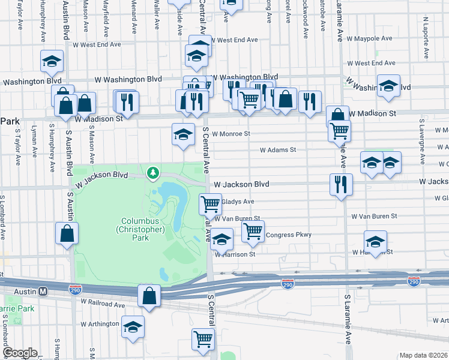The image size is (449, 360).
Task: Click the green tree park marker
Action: (x=154, y=173)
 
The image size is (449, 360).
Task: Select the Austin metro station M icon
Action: (x=43, y=291)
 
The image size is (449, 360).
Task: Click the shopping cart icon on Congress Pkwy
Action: (x=253, y=230)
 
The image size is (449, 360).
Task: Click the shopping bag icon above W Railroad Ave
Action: (x=149, y=295)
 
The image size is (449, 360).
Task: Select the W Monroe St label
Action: (x=231, y=134)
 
